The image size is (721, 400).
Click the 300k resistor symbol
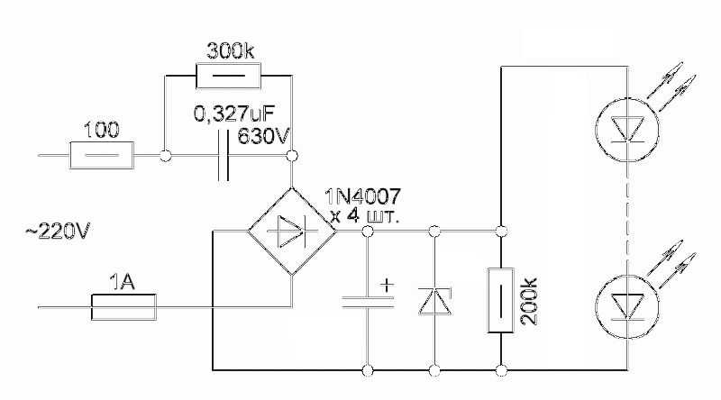(228, 76)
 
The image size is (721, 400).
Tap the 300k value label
(231, 50)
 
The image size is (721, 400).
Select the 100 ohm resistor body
(102, 155)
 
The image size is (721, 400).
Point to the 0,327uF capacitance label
(234, 114)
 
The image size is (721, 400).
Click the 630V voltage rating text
(263, 136)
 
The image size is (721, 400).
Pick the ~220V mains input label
(58, 232)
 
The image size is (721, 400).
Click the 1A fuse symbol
(123, 307)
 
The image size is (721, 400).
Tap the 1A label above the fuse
(123, 282)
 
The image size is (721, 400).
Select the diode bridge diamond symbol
(292, 232)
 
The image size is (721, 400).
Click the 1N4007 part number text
(363, 196)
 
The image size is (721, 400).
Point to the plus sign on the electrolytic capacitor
(388, 285)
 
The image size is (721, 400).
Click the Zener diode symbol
(434, 301)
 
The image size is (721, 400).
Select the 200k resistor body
(501, 301)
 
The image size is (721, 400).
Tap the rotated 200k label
(530, 301)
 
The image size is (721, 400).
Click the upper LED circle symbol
(626, 130)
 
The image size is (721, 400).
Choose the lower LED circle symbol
(626, 307)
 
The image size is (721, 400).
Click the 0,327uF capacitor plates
(223, 155)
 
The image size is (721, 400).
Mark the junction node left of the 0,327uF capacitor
(166, 156)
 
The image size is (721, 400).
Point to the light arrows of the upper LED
(671, 86)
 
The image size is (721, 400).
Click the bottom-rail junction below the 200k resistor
(501, 369)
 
